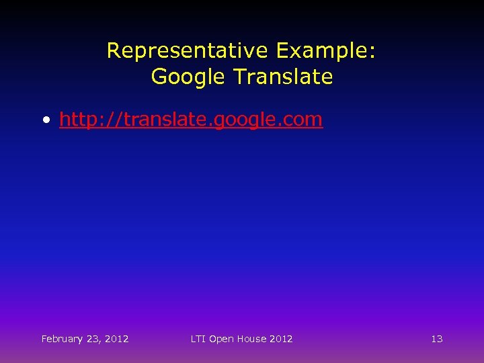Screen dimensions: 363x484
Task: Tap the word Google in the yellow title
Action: point(189,77)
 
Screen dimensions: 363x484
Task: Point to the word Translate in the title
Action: point(282,77)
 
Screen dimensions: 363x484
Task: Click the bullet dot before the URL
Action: point(46,121)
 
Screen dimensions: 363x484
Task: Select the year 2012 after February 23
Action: point(117,339)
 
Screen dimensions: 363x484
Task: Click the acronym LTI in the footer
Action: point(198,339)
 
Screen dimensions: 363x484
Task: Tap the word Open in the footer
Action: point(220,339)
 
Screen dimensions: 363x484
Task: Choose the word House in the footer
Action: point(250,339)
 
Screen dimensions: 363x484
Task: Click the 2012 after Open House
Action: point(281,339)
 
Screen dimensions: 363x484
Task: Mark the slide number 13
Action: point(437,339)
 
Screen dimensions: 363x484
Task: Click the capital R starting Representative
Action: point(114,50)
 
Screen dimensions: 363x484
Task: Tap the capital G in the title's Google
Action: point(159,77)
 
